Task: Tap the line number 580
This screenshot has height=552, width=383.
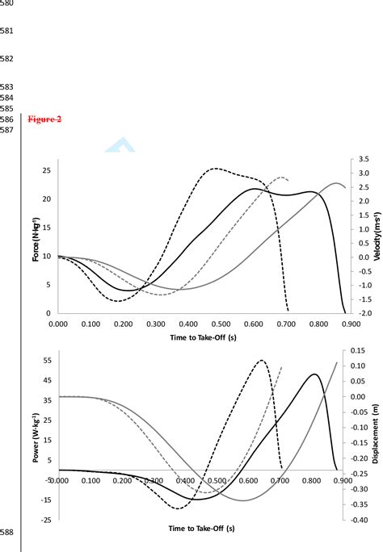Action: [9, 3]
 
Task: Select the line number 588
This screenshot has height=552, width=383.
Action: [9, 533]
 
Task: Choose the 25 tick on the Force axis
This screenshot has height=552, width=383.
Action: [46, 171]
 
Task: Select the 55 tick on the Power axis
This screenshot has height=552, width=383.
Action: [46, 361]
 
